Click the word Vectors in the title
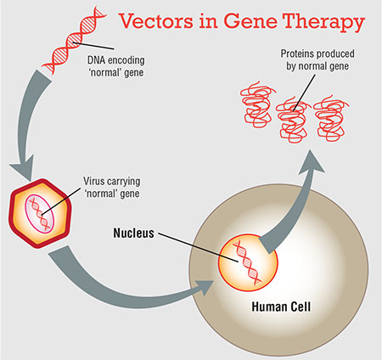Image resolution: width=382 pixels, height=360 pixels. click(x=156, y=20)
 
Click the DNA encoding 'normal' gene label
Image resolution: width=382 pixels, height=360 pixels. click(x=115, y=66)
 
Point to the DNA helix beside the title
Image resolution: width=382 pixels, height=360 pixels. click(x=74, y=41)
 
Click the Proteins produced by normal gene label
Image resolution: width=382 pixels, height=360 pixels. click(x=317, y=59)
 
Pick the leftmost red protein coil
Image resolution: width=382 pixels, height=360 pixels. click(x=256, y=104)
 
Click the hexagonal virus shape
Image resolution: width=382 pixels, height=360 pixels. click(x=40, y=214)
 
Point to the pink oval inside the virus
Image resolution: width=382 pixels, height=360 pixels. click(x=39, y=214)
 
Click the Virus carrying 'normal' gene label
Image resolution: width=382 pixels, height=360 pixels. click(x=112, y=188)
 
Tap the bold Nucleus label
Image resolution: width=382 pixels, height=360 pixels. click(x=134, y=233)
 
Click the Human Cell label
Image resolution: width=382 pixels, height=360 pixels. click(x=281, y=307)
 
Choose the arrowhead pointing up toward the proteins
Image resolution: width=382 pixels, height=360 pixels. click(x=312, y=162)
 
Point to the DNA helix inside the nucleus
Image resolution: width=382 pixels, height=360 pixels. click(x=247, y=262)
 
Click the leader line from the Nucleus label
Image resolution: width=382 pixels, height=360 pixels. click(x=198, y=248)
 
